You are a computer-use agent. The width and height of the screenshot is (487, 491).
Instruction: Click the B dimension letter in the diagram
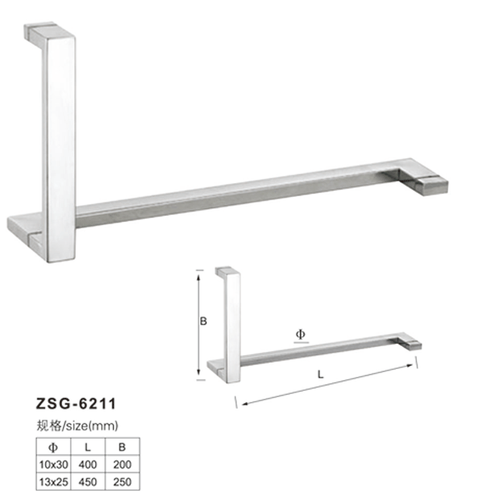click(201, 321)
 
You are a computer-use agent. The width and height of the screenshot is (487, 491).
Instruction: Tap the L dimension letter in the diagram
click(322, 375)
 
